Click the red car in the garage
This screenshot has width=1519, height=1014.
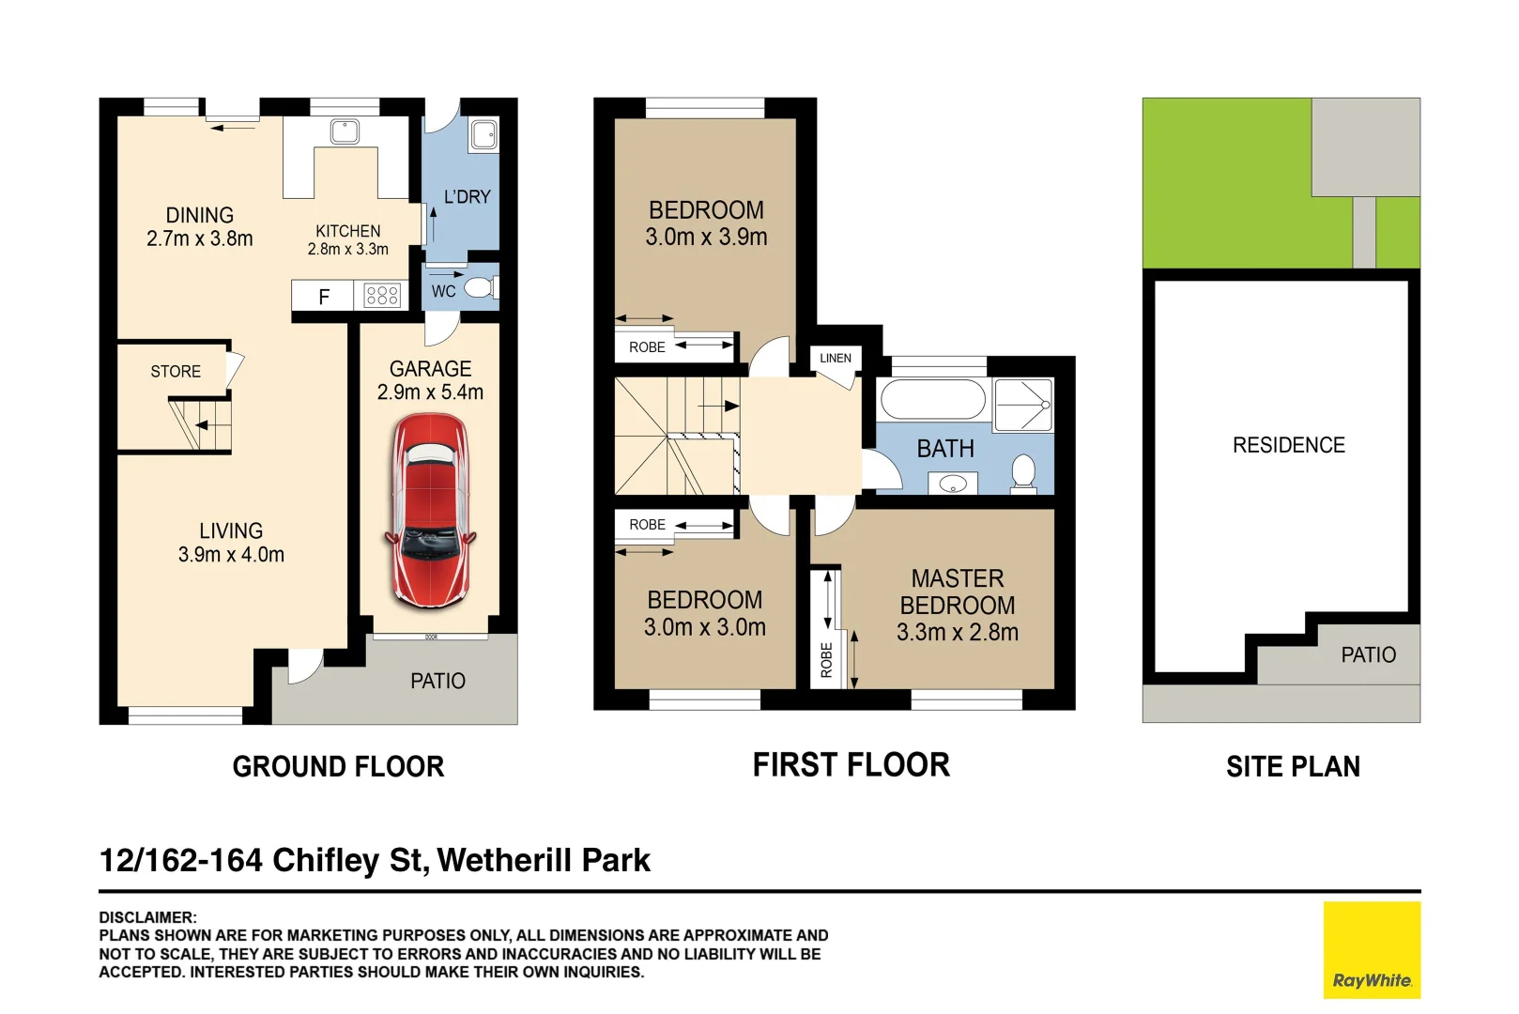coord(431,510)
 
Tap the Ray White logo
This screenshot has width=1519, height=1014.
coord(1372,949)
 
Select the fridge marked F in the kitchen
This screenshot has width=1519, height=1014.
coord(323,296)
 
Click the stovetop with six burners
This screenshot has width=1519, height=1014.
coord(382,296)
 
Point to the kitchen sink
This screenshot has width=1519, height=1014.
coord(345,131)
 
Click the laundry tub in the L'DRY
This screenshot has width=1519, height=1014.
coord(484,134)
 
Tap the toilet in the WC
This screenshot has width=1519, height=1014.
coord(482,288)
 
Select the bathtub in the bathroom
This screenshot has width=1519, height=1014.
coord(933,399)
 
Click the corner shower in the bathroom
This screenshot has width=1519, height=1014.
coord(1023,405)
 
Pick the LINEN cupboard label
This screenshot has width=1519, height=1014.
coord(835,358)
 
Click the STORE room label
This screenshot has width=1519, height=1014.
coord(176,372)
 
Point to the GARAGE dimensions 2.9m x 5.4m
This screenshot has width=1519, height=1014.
coord(430,392)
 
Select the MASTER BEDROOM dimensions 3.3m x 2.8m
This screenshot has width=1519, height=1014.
coord(957,632)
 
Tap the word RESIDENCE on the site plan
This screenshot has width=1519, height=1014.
coord(1288,445)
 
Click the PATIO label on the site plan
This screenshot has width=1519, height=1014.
coord(1369,654)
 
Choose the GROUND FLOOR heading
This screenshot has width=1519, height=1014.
coord(338,766)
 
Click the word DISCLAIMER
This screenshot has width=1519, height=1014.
coord(147,917)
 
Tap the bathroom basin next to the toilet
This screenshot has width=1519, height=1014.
coord(953,484)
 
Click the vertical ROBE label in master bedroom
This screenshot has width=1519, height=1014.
coord(826,660)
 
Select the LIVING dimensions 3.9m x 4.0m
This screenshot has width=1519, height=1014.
coord(231,555)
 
